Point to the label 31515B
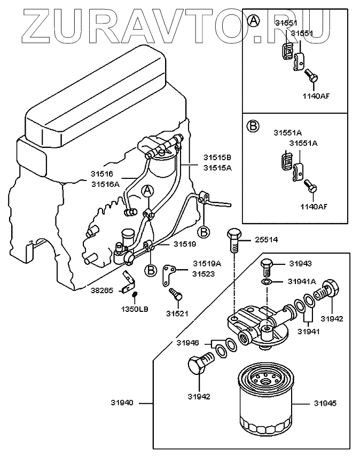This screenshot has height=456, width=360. pyautogui.click(x=217, y=158)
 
